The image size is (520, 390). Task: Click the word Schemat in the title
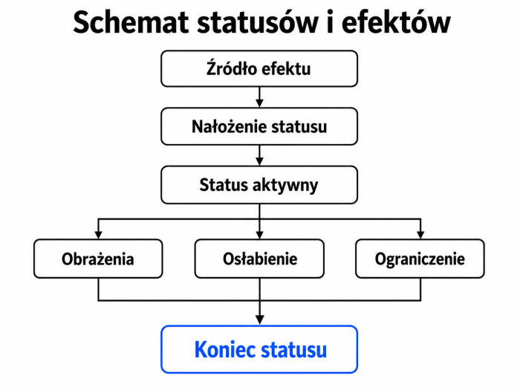coord(130,22)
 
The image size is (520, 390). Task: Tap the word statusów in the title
coord(257,22)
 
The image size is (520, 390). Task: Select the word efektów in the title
coord(396,22)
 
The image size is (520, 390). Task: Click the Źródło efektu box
coord(259,68)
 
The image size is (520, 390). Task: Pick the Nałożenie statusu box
coord(259,126)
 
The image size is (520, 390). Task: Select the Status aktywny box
coord(259,185)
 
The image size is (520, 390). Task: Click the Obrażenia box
coord(98,259)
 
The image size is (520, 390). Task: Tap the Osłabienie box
coord(259,259)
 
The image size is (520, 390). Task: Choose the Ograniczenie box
coord(420,259)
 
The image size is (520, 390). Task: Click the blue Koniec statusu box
coord(259,349)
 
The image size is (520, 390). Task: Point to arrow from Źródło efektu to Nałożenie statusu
coord(260,97)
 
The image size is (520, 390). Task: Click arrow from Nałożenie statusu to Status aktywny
coord(260,155)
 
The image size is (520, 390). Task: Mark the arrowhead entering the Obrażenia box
coord(98,235)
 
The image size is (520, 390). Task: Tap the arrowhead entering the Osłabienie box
coord(260,235)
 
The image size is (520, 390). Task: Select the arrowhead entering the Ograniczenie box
coord(420,235)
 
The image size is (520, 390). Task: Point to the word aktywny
coord(285,186)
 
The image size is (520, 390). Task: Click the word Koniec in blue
coord(224,349)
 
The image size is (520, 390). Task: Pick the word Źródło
coord(232,68)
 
